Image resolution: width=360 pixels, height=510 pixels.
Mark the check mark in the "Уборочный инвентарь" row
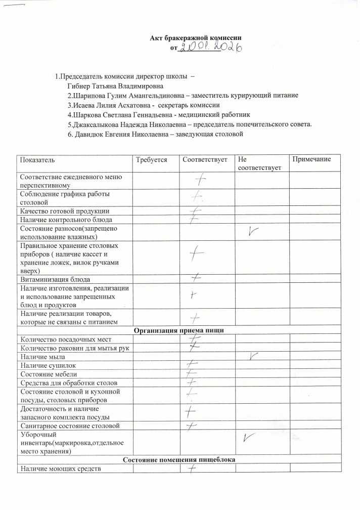(x=248, y=437)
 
